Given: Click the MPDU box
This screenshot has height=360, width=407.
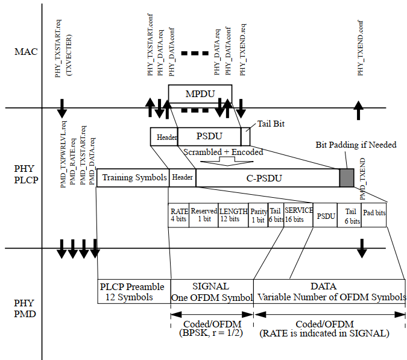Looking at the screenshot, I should pos(200,93).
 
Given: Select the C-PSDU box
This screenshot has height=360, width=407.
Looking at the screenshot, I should pos(267,178).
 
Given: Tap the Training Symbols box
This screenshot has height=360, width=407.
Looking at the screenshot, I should pos(133,178).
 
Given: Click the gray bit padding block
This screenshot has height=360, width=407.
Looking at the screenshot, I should pos(347,178).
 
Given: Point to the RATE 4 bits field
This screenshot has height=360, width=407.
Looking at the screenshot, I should pos(179,215).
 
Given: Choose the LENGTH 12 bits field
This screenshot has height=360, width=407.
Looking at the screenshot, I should pos(233,215).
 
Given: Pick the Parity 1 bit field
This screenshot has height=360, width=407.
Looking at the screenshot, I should pos(258,215).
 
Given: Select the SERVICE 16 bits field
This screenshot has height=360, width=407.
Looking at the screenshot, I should pos(298,215).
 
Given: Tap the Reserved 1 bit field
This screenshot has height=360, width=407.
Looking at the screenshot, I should pos(204,215).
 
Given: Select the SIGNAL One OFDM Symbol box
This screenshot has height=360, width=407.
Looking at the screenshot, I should pos(212,291).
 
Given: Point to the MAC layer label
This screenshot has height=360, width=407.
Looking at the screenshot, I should pos(26,51).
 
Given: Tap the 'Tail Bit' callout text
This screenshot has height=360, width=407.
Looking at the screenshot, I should pos(271,124).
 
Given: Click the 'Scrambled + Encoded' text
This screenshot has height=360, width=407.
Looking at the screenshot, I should pos(223,152).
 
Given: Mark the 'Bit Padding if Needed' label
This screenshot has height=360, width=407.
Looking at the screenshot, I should pos(356,145).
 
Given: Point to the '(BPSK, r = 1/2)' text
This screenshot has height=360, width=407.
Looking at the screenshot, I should pos(211,332).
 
